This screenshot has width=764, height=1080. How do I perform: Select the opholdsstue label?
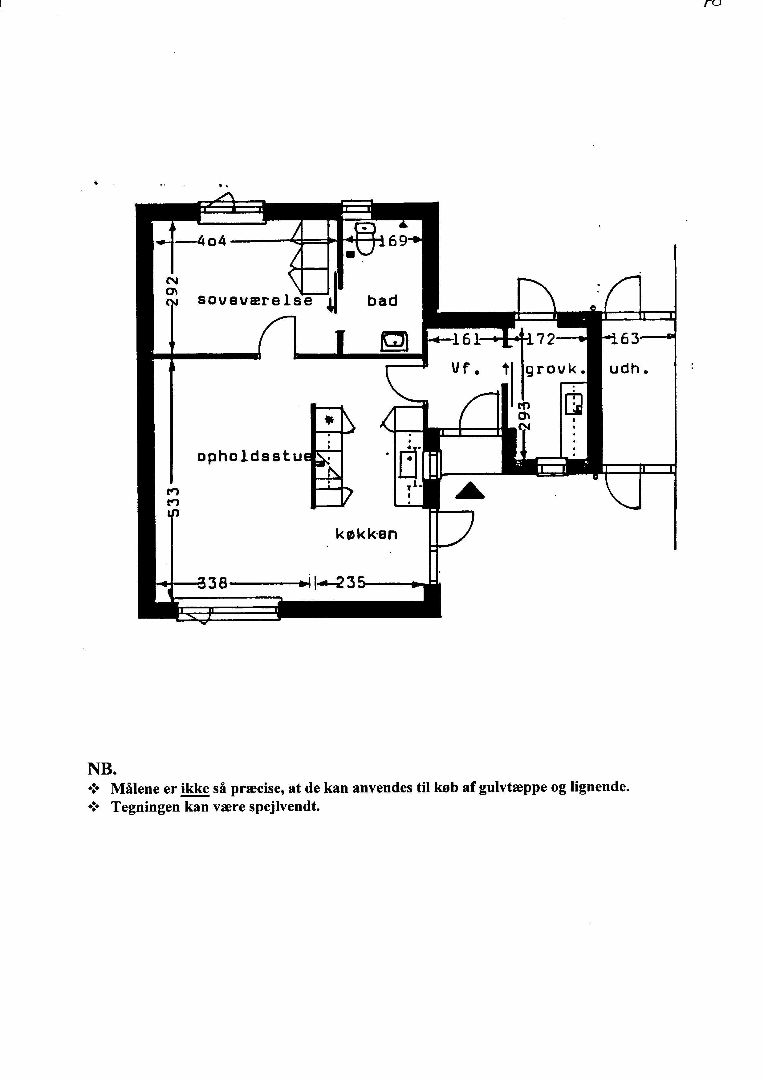tap(254, 456)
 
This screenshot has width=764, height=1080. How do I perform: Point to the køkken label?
tap(366, 534)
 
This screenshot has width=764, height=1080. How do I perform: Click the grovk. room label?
tap(555, 370)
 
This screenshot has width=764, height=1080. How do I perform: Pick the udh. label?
tap(629, 370)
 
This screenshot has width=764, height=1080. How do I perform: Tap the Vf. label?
tap(466, 370)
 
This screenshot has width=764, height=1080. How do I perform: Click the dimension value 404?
tap(212, 241)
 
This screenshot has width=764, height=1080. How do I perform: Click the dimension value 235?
tap(351, 583)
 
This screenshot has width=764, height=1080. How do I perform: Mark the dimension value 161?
tap(466, 339)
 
